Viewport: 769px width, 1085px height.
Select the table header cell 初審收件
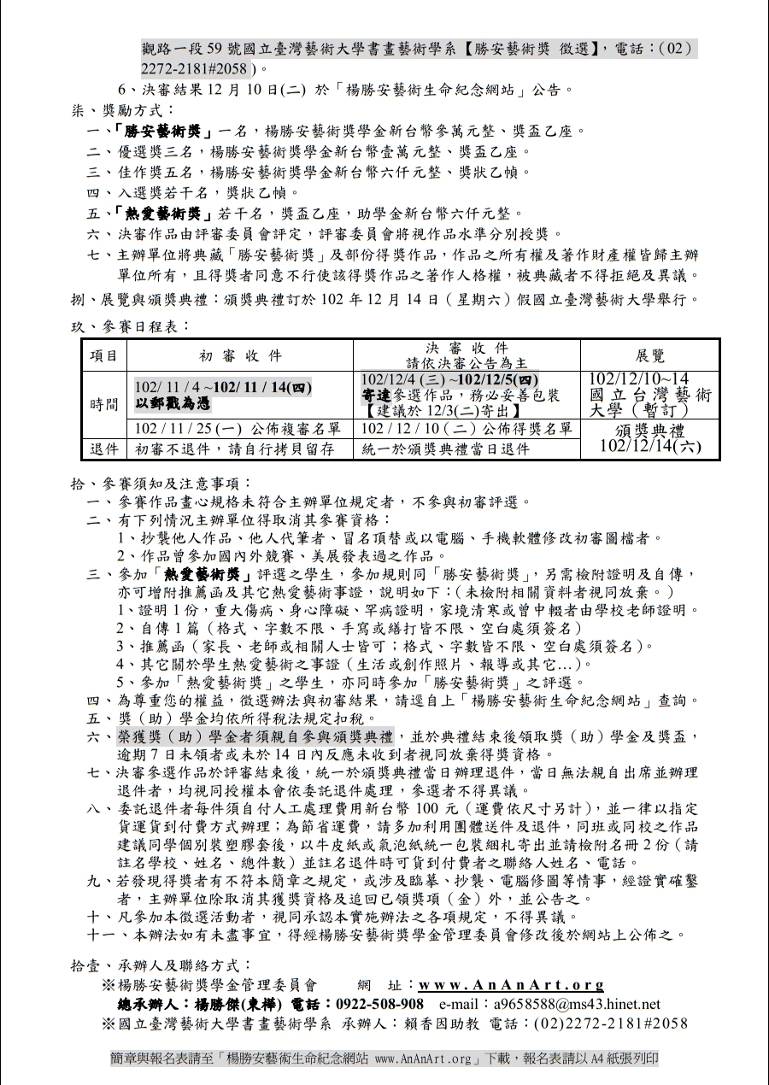coord(240,355)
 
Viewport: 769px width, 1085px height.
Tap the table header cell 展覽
coord(649,355)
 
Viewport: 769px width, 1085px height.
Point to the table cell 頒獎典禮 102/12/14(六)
coord(649,437)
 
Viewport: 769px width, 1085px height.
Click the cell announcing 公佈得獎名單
coord(467,428)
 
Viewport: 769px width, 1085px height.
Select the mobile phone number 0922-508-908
coord(379,1004)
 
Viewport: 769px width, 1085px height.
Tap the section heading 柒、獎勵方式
coord(123,110)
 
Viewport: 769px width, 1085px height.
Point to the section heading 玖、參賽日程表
coord(131,325)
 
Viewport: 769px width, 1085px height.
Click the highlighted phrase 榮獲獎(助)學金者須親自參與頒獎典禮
coord(255,736)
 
